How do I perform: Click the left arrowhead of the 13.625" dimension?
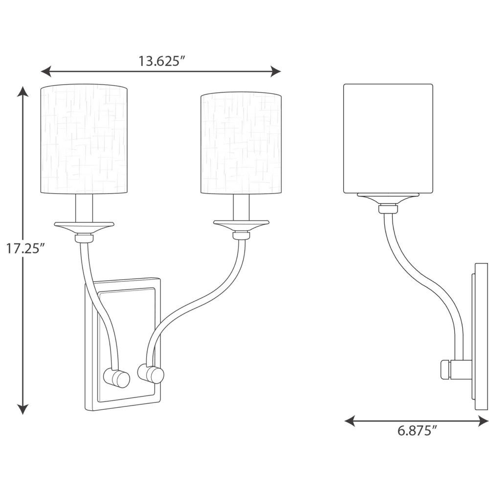[46, 71]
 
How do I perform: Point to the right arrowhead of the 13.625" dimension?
[276, 71]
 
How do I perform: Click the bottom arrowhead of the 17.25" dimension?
[22, 409]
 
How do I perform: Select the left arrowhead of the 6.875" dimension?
[350, 421]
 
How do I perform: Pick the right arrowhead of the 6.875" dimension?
[483, 421]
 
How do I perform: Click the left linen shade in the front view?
[84, 139]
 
